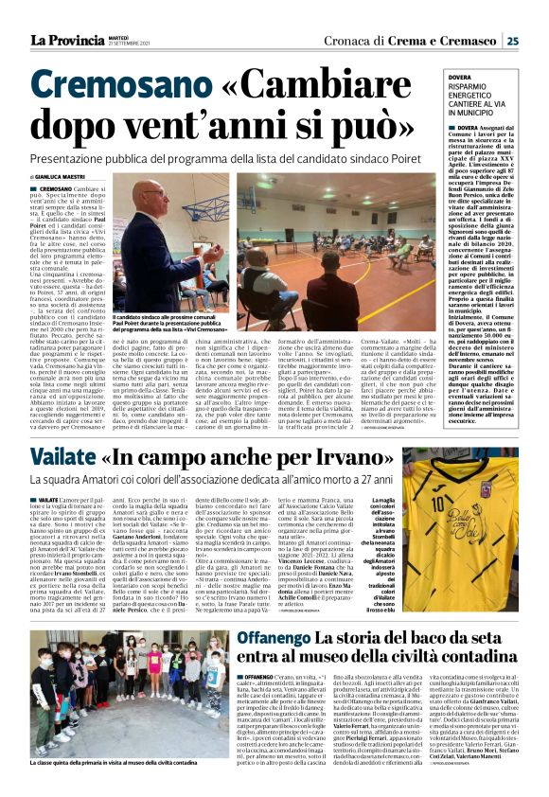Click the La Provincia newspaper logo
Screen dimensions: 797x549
tap(63, 40)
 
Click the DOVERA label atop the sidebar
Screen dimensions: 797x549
tap(459, 78)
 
